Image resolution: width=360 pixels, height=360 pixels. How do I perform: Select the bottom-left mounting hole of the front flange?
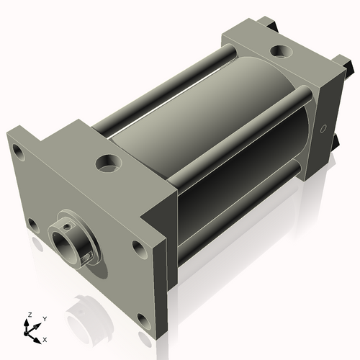[x=32, y=224]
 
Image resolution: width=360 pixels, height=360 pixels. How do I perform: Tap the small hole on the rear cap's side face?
[x=323, y=130]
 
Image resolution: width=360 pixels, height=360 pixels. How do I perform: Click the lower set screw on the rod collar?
[x=87, y=255]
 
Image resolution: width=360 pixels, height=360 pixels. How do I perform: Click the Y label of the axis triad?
[x=44, y=318]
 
